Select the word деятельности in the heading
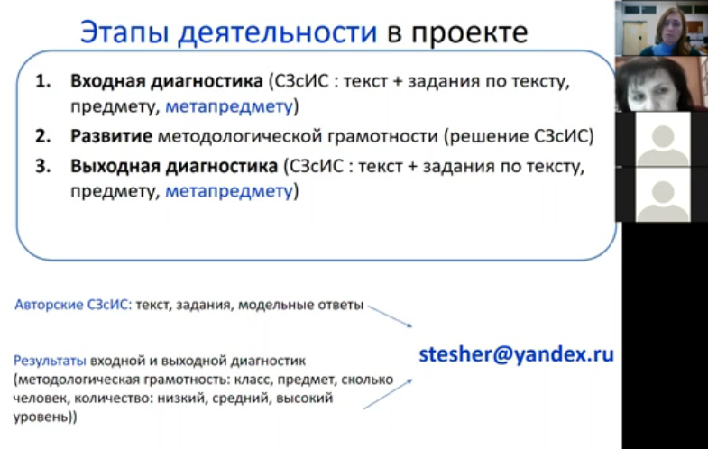tap(277, 33)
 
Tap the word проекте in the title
tap(470, 33)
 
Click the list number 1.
tap(43, 81)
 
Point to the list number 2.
tap(43, 136)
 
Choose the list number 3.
tap(43, 166)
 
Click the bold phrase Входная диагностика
tap(167, 82)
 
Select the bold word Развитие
tap(111, 136)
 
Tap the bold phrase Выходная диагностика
tap(174, 167)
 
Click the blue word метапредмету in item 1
tap(229, 106)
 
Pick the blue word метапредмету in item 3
tap(229, 191)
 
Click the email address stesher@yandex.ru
tap(517, 354)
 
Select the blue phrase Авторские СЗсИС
tap(73, 305)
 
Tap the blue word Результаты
tap(50, 361)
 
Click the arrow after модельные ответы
tap(391, 316)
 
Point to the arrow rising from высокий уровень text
tap(388, 394)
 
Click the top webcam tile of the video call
tap(661, 28)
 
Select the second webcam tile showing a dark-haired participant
tap(661, 84)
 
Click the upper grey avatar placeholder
tap(663, 139)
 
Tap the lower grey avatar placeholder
tap(663, 195)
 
